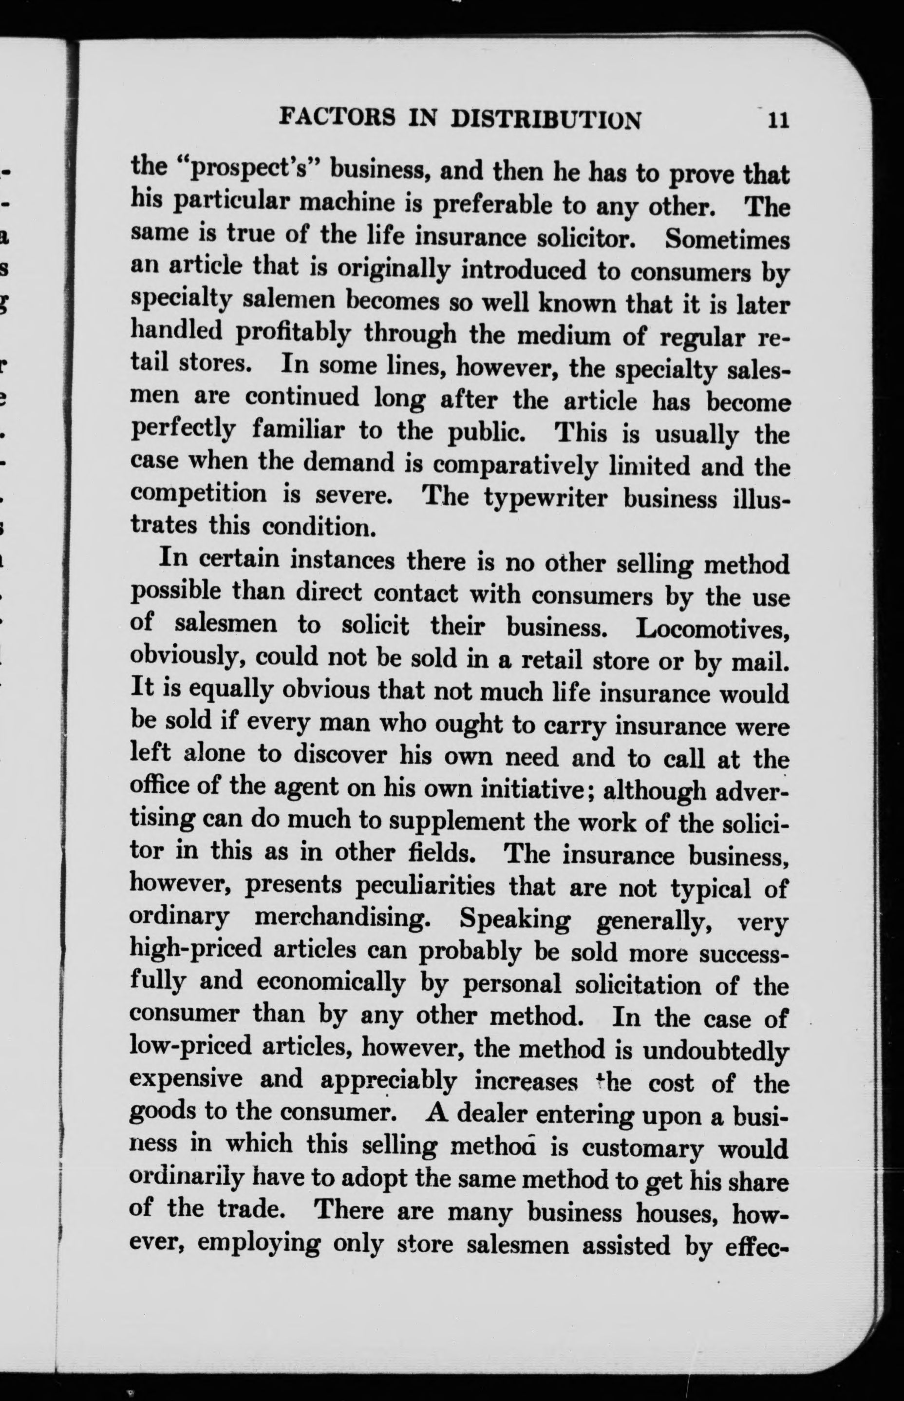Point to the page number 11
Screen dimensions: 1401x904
[776, 120]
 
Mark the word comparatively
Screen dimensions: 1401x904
[515, 466]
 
